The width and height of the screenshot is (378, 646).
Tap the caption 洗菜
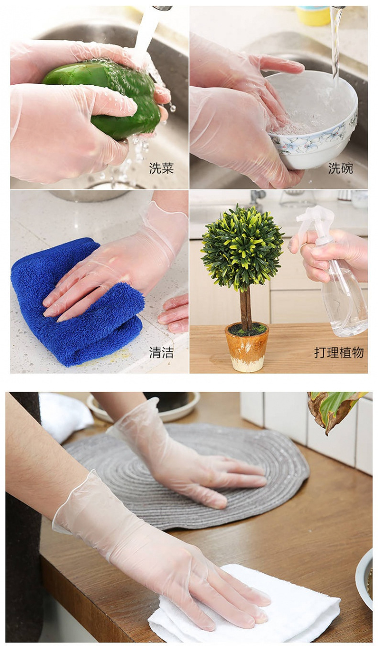tap(161, 168)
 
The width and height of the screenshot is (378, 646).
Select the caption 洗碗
tap(340, 168)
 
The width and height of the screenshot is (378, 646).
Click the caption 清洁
tap(161, 353)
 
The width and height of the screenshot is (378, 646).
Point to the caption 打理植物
tap(339, 353)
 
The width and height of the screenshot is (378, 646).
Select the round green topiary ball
tap(242, 246)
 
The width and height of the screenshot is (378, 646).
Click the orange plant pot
tap(247, 347)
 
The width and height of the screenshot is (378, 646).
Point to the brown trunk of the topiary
tap(246, 309)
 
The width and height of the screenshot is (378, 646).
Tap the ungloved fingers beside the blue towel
tap(175, 313)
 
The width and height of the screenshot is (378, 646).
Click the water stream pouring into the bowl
tap(336, 43)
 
